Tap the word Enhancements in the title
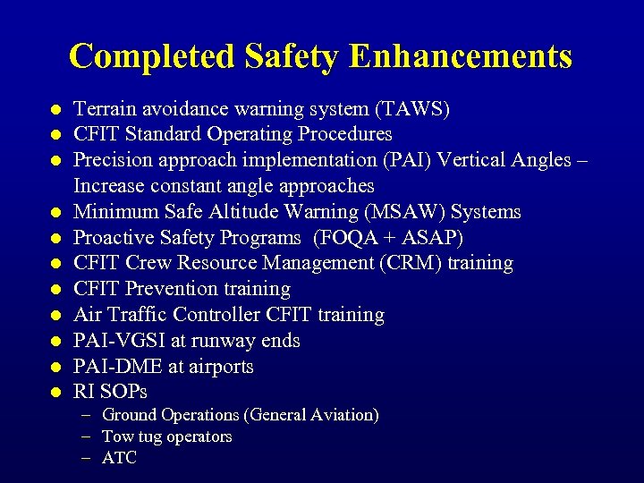coord(461,56)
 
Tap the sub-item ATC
coord(119,458)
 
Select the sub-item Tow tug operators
coord(166,436)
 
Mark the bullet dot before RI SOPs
coord(55,393)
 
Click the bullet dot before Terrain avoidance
coord(55,110)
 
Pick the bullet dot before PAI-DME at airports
coord(55,367)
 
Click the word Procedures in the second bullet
coord(345,134)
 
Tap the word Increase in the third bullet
coord(109,186)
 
